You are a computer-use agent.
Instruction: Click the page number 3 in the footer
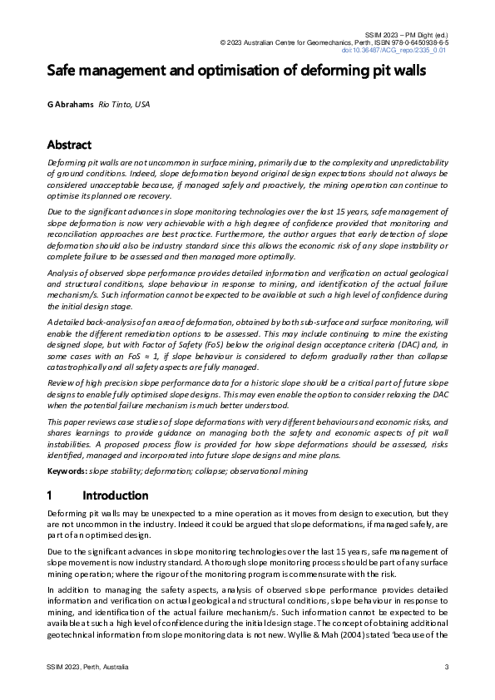coord(447,667)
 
